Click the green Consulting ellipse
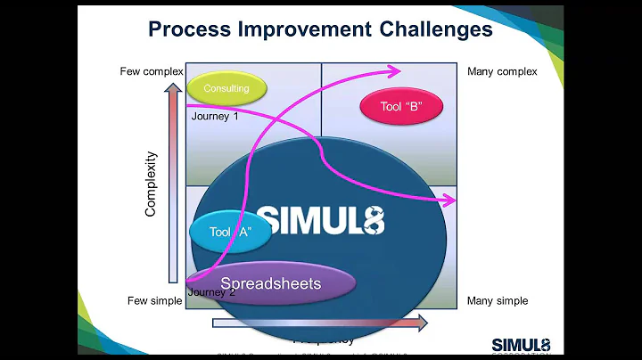226,88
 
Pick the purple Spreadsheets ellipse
271,284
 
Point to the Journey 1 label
215,116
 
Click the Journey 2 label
212,291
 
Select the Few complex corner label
152,71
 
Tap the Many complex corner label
502,71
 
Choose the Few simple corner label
155,301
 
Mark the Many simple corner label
498,301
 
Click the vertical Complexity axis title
152,184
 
